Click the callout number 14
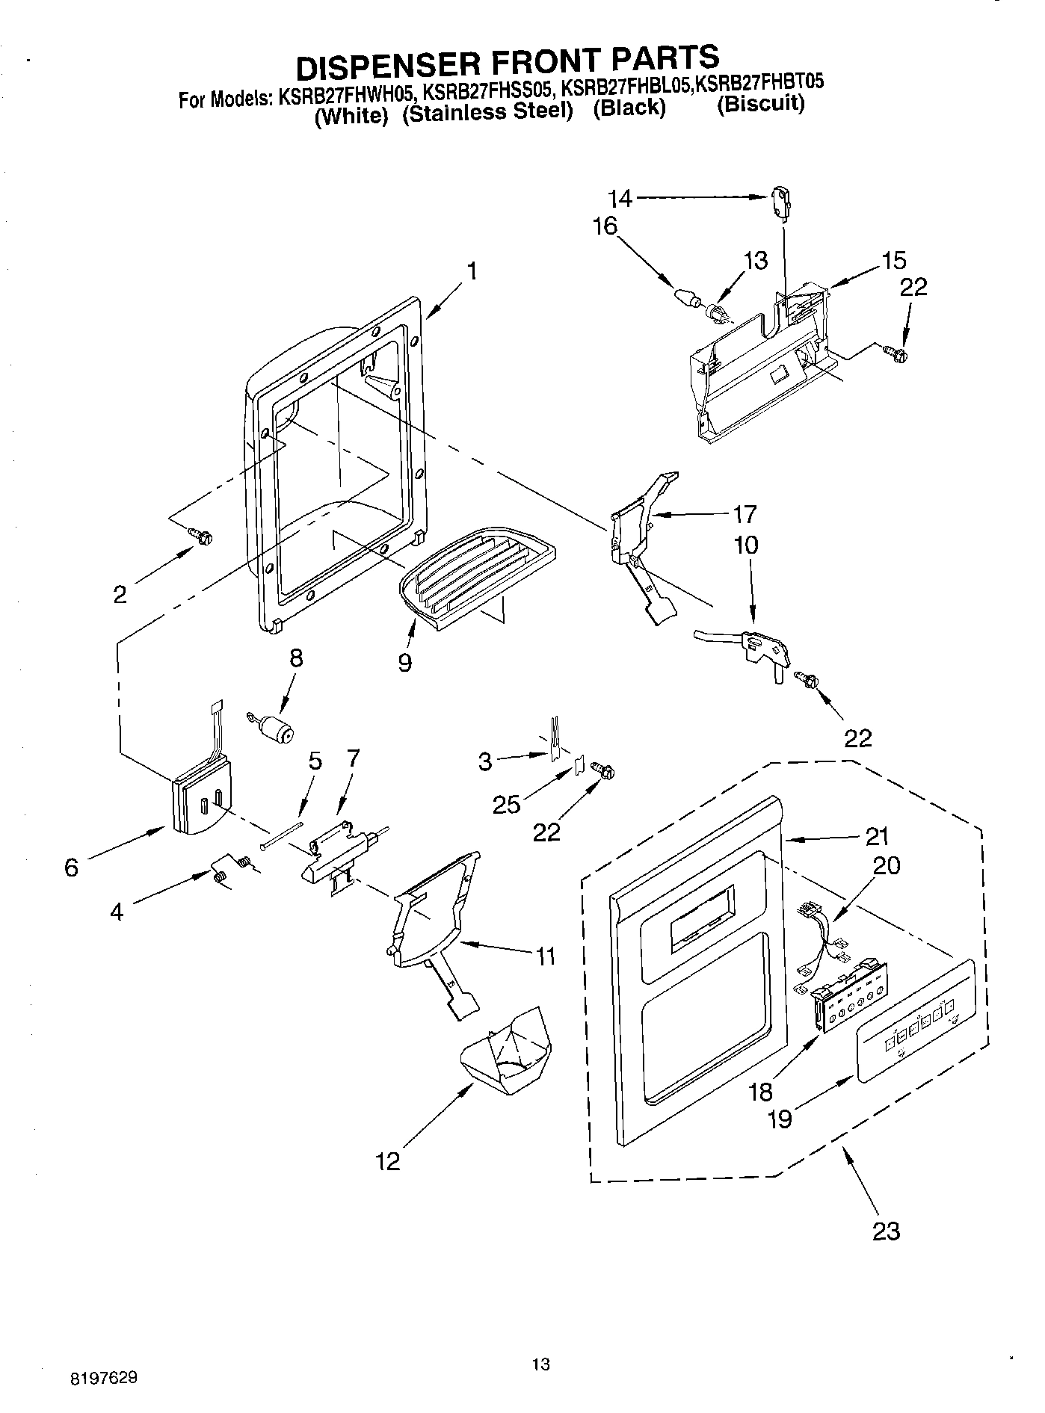620,198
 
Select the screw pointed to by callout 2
201,535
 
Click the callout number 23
886,1230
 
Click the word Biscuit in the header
761,103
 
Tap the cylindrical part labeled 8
277,726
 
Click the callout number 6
71,868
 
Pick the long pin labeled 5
282,834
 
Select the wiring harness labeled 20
822,938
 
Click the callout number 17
745,514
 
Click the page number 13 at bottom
540,1364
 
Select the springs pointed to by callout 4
231,870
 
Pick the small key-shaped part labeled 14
780,204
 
